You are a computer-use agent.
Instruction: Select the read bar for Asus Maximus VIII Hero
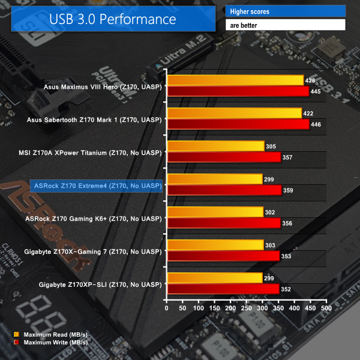(x=235, y=80)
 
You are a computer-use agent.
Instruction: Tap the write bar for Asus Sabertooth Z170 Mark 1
(x=238, y=124)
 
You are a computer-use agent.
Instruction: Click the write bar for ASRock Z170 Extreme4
(x=224, y=190)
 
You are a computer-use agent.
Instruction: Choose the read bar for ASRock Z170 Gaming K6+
(x=215, y=212)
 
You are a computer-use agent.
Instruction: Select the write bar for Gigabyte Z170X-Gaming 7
(x=223, y=256)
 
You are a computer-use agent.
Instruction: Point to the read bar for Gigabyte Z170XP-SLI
(x=215, y=278)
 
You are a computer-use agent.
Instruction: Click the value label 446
(x=318, y=124)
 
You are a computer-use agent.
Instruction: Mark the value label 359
(x=290, y=190)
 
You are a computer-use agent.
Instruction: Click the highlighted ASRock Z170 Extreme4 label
(x=96, y=185)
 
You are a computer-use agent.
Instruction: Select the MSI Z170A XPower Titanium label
(x=94, y=152)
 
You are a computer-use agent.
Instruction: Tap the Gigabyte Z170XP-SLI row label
(x=100, y=283)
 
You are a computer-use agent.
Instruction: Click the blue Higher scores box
(x=285, y=11)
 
